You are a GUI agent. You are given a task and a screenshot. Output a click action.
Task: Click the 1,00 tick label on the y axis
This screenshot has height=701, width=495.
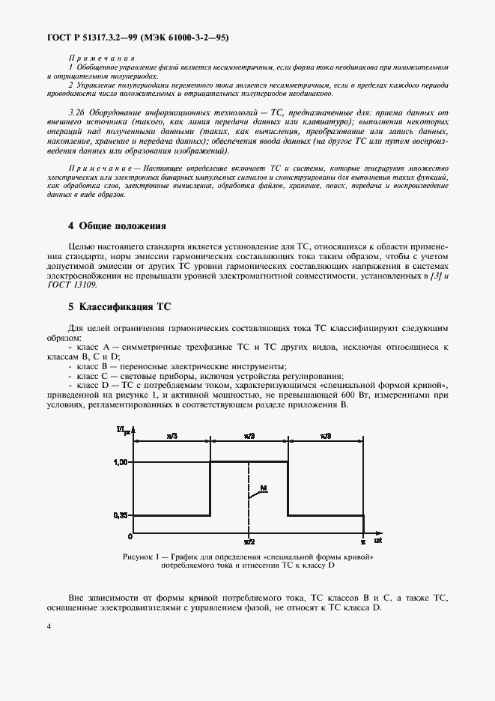pos(122,462)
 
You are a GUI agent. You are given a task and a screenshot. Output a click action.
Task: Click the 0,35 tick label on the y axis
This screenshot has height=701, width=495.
pos(122,515)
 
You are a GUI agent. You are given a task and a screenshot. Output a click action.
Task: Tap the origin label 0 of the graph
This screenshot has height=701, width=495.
pos(130,537)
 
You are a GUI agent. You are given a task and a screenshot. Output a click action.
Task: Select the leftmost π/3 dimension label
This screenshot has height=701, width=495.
pos(173,434)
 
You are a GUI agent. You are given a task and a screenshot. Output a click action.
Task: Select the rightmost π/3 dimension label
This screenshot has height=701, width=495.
pos(326,434)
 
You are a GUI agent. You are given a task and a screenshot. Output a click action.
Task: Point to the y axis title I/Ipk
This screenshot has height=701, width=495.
pos(122,429)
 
